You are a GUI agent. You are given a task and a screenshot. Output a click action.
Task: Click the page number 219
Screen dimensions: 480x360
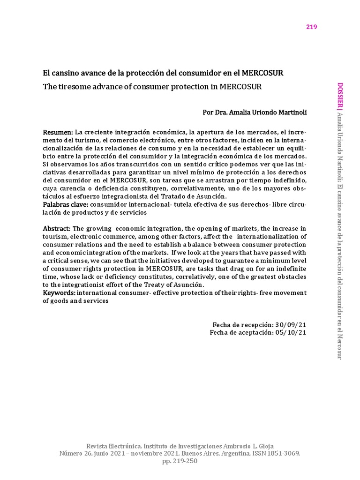point(312,27)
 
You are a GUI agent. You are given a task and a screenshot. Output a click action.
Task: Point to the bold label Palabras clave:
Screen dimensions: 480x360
point(65,204)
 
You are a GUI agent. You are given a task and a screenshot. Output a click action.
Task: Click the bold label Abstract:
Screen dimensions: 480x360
point(57,228)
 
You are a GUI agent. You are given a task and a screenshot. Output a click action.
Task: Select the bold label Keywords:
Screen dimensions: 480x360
point(60,292)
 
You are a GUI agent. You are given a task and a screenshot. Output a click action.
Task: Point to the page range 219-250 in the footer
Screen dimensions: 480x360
point(186,461)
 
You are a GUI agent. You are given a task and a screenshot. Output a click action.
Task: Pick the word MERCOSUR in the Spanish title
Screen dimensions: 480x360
point(261,74)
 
